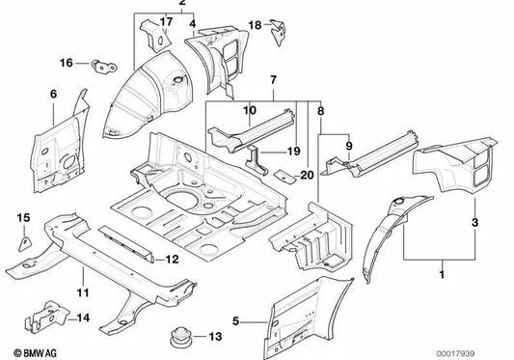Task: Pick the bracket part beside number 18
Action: click(x=280, y=32)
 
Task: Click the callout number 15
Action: click(x=24, y=216)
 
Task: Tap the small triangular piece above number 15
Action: click(x=25, y=237)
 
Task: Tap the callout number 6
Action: click(x=54, y=94)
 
